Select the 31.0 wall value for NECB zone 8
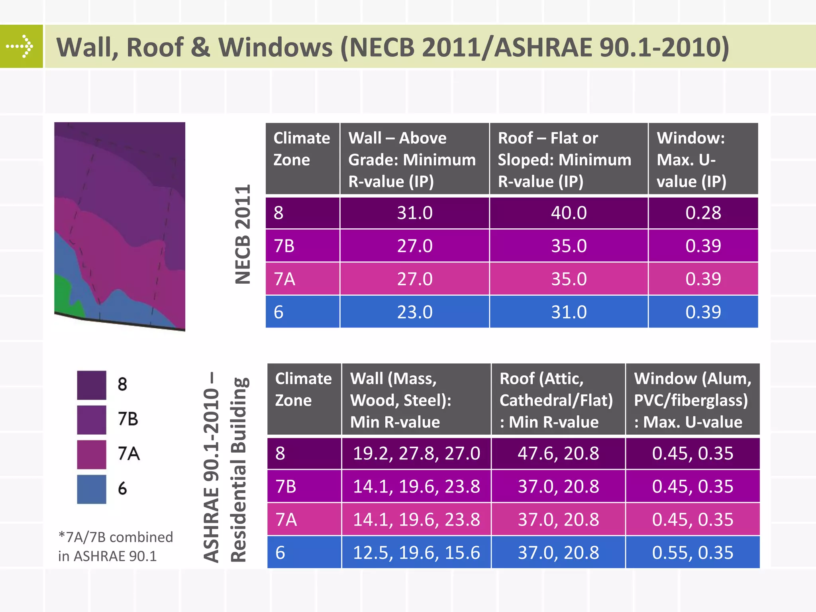coord(414,213)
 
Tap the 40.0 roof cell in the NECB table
coord(569,213)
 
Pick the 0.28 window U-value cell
coord(703,213)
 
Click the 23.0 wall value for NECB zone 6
coord(414,312)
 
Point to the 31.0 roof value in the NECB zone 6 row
coord(569,312)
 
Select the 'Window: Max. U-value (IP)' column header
coord(703,159)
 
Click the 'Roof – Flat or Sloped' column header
coord(569,159)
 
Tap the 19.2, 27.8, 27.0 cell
coord(416,453)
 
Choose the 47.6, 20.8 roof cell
coord(558,453)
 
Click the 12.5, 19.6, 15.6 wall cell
coord(416,553)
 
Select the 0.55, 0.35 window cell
coord(692,553)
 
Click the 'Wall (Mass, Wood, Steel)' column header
coord(416,400)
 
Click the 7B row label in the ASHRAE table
coord(286,486)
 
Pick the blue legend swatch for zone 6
coord(92,489)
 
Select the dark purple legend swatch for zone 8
coord(92,385)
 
